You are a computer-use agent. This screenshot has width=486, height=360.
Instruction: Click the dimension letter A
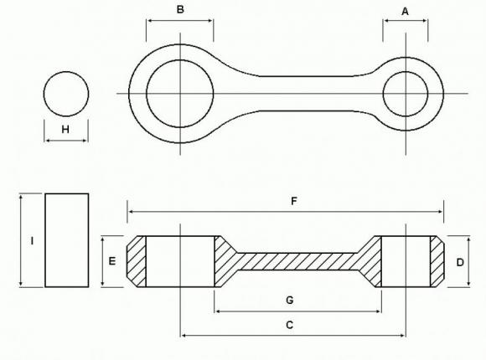pos(406,12)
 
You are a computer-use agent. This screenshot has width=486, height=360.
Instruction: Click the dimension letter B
pos(179,10)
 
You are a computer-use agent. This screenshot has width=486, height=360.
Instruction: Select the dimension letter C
pos(290,324)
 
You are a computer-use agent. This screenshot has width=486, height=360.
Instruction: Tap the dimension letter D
pos(460,262)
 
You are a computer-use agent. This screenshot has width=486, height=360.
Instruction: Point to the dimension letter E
pos(112,261)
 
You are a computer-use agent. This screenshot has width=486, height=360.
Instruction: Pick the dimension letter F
pos(293,201)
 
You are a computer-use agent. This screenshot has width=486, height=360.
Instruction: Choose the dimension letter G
pos(289,299)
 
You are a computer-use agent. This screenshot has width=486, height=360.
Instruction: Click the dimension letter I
pos(31,241)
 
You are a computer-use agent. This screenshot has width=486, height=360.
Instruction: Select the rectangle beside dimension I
pos(66,240)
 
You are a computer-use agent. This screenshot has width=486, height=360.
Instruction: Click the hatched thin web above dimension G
pos(297,261)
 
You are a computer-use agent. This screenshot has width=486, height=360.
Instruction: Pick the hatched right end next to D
pos(436,261)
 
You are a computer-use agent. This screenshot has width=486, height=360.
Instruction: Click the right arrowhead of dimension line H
pos(85,141)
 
